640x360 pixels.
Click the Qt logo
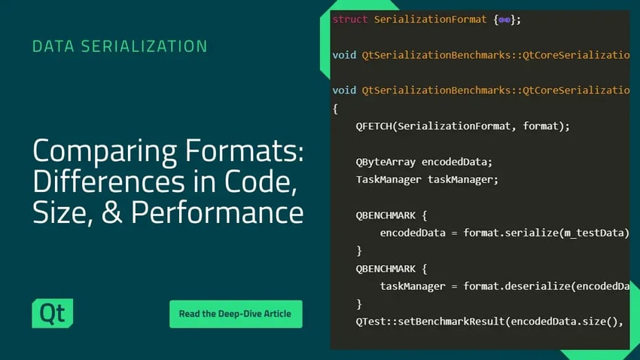[x=53, y=313]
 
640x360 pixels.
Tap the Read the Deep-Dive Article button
[x=236, y=314]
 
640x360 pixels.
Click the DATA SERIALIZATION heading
[x=120, y=46]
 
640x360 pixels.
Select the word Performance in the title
[x=217, y=212]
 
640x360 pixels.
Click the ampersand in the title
[x=112, y=212]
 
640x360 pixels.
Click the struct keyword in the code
[x=350, y=19]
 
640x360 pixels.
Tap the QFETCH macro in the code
[x=373, y=126]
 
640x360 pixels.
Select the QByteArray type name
[x=386, y=162]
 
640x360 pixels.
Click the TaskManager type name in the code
[x=389, y=179]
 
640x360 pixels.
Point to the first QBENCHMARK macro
[x=386, y=215]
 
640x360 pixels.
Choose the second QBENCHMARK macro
[x=386, y=269]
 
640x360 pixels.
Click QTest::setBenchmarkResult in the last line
[x=431, y=322]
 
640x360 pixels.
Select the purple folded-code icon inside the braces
[x=504, y=20]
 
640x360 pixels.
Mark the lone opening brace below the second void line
[x=335, y=108]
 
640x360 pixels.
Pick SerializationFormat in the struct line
[x=430, y=19]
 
